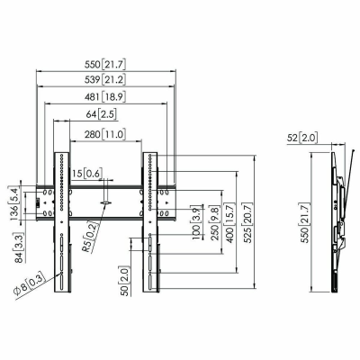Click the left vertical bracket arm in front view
pos(60,220)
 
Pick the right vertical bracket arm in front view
pos(149,220)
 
